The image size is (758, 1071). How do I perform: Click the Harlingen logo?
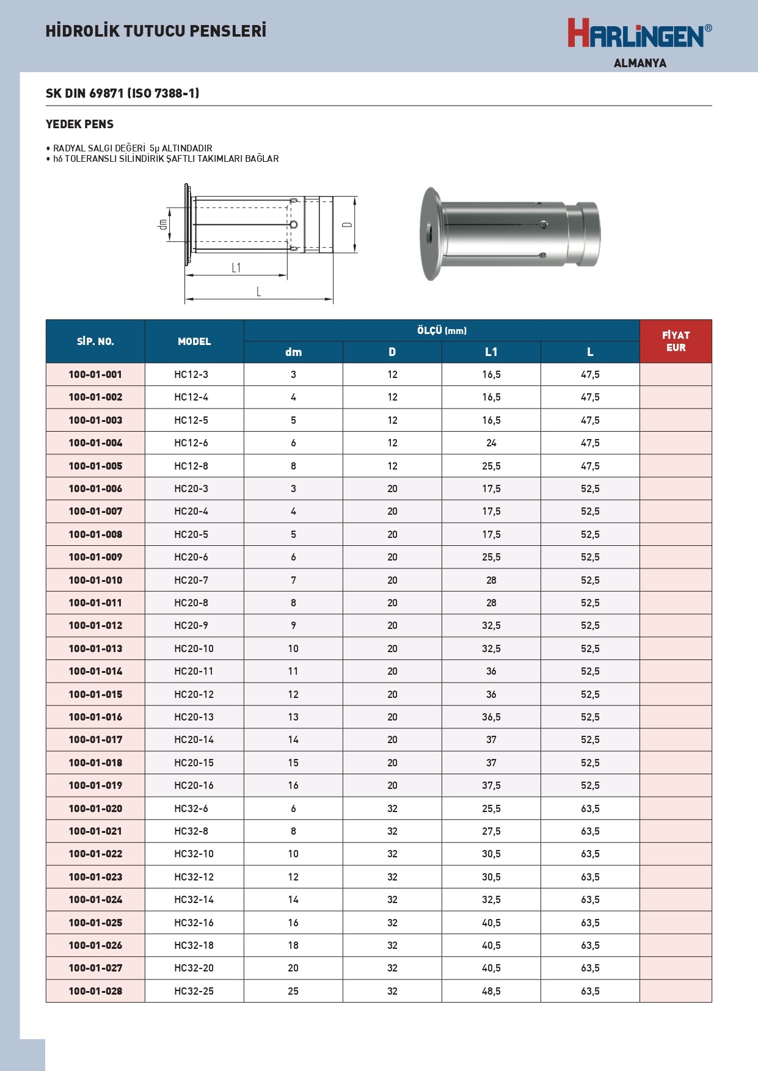pyautogui.click(x=639, y=34)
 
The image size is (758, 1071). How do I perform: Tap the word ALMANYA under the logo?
pyautogui.click(x=640, y=63)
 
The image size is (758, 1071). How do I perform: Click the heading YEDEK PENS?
pyautogui.click(x=79, y=124)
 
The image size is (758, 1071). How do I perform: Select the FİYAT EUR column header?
pyautogui.click(x=676, y=341)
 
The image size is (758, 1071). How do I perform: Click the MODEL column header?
pyautogui.click(x=194, y=341)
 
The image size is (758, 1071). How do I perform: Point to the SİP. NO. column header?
pyautogui.click(x=95, y=341)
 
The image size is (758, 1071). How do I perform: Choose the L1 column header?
pyautogui.click(x=491, y=352)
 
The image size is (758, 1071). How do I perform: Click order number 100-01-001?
pyautogui.click(x=95, y=374)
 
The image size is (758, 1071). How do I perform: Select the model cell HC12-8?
pyautogui.click(x=191, y=466)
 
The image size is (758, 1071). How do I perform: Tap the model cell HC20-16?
pyautogui.click(x=194, y=785)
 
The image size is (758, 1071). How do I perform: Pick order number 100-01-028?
pyautogui.click(x=95, y=991)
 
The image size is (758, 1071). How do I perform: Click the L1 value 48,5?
pyautogui.click(x=491, y=991)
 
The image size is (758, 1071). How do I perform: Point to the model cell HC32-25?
pyautogui.click(x=194, y=991)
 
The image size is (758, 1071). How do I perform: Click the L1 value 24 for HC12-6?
pyautogui.click(x=491, y=443)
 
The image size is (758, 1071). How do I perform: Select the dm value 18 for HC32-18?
pyautogui.click(x=293, y=945)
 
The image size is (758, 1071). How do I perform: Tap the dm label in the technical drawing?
pyautogui.click(x=162, y=224)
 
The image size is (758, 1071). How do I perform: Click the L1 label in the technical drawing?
pyautogui.click(x=236, y=267)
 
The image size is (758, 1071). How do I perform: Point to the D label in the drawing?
pyautogui.click(x=347, y=225)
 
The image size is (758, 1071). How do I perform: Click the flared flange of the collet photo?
pyautogui.click(x=430, y=234)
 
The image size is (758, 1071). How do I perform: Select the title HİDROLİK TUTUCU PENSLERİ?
pyautogui.click(x=156, y=31)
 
